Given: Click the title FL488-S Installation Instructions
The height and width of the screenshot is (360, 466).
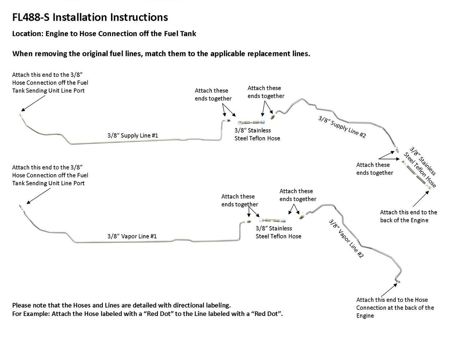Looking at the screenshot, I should (90, 17).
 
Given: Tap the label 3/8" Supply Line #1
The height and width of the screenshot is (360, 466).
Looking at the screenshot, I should (133, 135).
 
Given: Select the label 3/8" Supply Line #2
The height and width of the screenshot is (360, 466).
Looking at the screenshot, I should (342, 127).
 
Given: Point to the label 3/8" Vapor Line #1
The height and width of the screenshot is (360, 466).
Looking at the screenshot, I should (132, 236).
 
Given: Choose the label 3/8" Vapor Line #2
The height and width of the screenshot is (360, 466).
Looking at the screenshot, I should (346, 238).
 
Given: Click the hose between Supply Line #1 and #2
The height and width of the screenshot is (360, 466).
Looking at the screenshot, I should (251, 123).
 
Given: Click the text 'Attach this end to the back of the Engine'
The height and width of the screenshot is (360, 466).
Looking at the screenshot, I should (408, 216).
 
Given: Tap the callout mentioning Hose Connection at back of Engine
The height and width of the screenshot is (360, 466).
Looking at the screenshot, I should (395, 308).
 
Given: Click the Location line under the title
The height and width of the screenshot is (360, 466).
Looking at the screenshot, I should (104, 34).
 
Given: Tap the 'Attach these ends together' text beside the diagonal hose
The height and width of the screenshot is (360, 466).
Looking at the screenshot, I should (375, 169).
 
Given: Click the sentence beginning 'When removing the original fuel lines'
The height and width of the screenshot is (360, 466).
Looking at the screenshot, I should (161, 54).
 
